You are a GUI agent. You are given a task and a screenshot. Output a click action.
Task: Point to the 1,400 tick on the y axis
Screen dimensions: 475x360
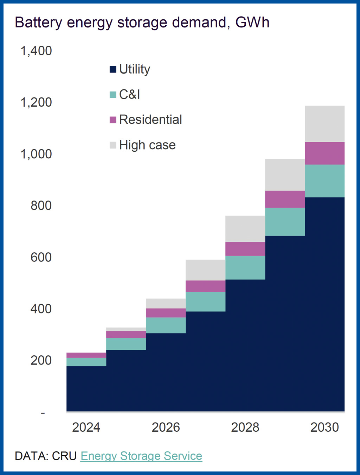(36, 51)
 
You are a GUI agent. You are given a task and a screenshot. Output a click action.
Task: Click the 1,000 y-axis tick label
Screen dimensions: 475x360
(36, 154)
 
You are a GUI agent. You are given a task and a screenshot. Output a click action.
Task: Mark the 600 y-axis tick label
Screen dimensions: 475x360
(41, 257)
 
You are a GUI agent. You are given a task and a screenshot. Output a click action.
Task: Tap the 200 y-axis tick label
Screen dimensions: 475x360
(41, 360)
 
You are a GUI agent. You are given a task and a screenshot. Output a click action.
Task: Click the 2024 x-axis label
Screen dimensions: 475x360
(86, 427)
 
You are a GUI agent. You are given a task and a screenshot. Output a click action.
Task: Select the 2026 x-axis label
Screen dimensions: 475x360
(166, 427)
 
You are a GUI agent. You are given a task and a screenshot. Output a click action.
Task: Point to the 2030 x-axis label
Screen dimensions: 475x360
(324, 427)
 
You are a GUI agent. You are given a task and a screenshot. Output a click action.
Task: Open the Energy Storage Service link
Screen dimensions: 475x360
(141, 456)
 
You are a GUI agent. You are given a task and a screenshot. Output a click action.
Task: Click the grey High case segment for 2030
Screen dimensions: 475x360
(324, 124)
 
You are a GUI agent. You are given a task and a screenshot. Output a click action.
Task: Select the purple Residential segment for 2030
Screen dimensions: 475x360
(324, 153)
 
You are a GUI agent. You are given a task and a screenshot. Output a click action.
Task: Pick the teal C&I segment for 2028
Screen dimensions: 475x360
(245, 268)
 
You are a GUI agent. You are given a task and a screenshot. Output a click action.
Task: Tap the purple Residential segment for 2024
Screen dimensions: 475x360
(86, 355)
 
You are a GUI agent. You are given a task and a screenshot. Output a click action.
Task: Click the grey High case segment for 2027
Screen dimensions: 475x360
(205, 270)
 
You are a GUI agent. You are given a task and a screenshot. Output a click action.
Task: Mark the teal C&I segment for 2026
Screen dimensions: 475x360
(166, 325)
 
